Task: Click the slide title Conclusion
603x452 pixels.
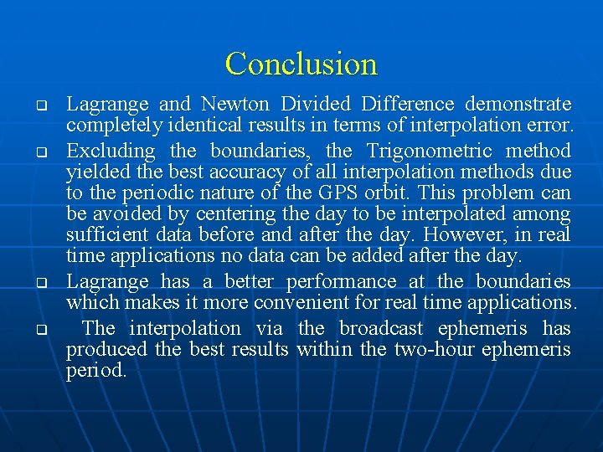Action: pyautogui.click(x=301, y=64)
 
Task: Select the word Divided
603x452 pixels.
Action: pyautogui.click(x=315, y=105)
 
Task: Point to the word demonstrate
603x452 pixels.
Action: pyautogui.click(x=518, y=105)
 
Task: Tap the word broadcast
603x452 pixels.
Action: pyautogui.click(x=389, y=328)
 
